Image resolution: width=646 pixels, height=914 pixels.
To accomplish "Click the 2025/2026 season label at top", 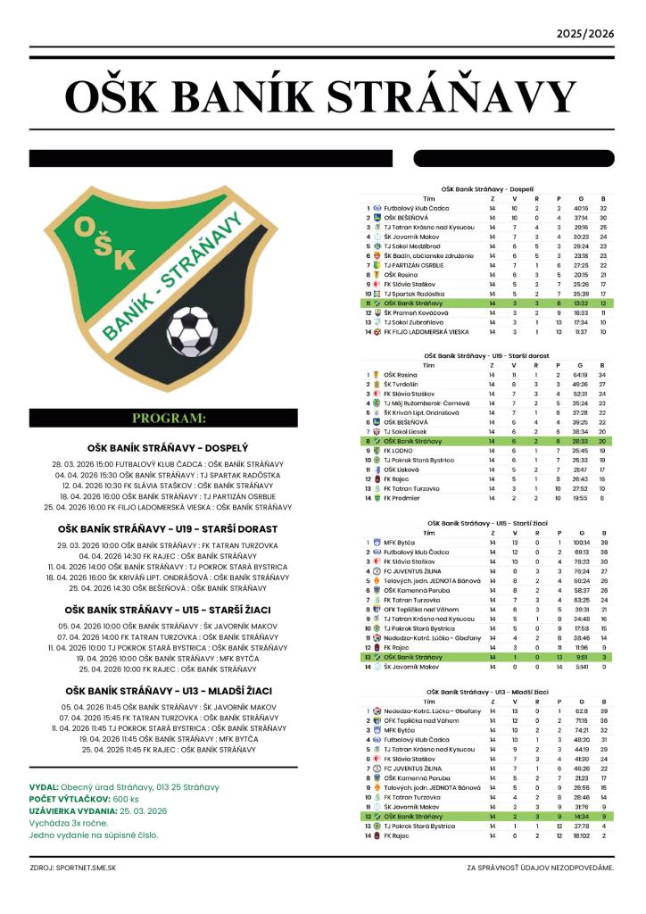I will [x=585, y=34].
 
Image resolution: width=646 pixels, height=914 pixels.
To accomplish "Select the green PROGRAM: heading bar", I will [x=170, y=418].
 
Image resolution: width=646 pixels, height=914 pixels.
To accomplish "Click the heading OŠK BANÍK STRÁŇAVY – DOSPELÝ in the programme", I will [x=169, y=447].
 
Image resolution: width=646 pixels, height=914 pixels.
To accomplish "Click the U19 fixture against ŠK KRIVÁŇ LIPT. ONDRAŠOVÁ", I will [x=168, y=577].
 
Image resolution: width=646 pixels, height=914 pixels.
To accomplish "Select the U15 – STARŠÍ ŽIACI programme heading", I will [x=169, y=610].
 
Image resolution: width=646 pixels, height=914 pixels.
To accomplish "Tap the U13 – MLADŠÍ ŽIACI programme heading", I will [x=169, y=691].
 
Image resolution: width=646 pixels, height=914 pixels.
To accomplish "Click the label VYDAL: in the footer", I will [x=44, y=787].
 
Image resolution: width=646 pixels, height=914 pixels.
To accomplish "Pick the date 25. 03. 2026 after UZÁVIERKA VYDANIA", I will [x=143, y=810].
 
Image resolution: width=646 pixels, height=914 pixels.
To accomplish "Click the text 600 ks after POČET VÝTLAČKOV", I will [x=126, y=799].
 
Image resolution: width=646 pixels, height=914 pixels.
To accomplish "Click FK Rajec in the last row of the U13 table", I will [x=397, y=835].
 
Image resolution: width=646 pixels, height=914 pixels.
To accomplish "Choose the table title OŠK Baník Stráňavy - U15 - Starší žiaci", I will [x=487, y=522].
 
